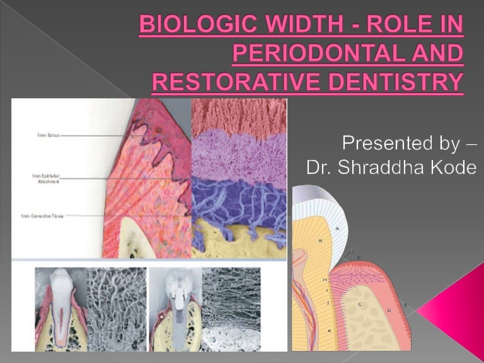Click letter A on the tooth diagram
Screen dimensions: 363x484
click(x=338, y=228)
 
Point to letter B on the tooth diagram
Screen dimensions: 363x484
click(x=321, y=241)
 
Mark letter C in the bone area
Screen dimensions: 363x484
click(x=360, y=304)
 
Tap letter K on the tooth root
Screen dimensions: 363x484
click(x=330, y=330)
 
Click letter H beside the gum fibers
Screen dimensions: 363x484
click(x=325, y=279)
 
